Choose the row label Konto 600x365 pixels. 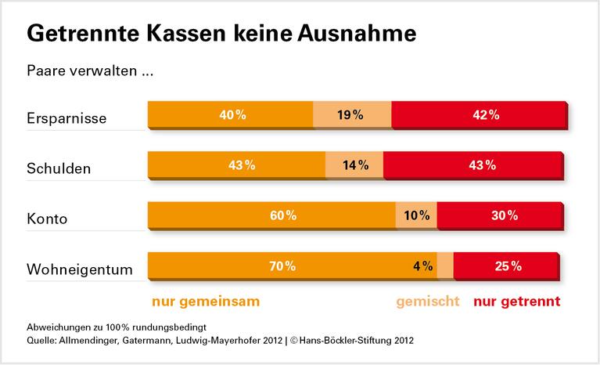[47, 219]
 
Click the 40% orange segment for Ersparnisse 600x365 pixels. [231, 115]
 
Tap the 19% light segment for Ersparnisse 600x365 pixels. [352, 115]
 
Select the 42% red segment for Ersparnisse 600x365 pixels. [479, 115]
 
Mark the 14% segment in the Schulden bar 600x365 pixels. [354, 164]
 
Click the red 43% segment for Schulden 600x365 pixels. [473, 164]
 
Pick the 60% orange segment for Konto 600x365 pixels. [271, 215]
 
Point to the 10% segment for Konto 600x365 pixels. [416, 215]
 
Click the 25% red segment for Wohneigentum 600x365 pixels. [506, 266]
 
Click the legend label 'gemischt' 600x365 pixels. [427, 300]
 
